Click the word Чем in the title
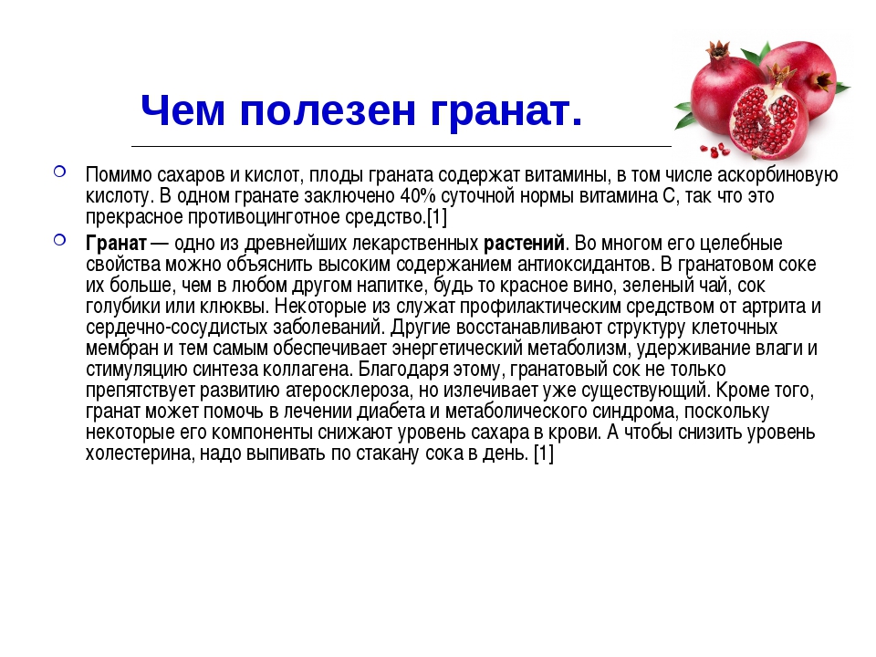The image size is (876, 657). (182, 110)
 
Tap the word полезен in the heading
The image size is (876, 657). (328, 110)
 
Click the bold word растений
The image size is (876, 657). (524, 244)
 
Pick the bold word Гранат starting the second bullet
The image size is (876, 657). (116, 244)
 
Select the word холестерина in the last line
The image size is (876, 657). (141, 454)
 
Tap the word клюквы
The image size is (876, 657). (237, 307)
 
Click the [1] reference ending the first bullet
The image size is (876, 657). (437, 217)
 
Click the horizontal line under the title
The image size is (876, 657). (401, 146)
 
